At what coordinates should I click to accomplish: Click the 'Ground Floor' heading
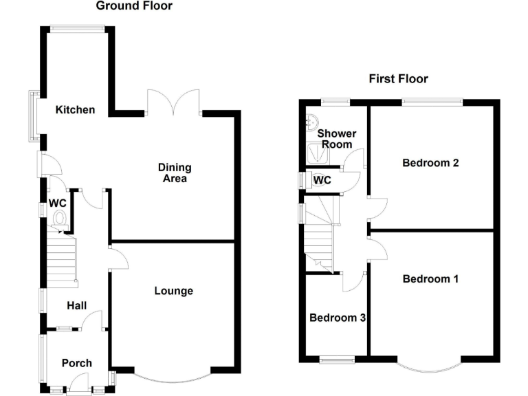134,6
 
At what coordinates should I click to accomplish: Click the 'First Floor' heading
398,78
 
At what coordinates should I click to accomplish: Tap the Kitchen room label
76,110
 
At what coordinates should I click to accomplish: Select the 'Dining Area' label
175,173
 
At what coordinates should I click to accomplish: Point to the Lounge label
173,291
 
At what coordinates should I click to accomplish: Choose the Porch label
76,363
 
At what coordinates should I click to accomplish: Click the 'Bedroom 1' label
430,279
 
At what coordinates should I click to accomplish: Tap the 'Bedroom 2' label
430,163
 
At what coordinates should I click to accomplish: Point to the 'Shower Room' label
335,138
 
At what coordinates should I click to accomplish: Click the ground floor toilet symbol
59,219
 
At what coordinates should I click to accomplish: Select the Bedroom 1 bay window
431,366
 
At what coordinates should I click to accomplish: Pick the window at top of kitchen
77,28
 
